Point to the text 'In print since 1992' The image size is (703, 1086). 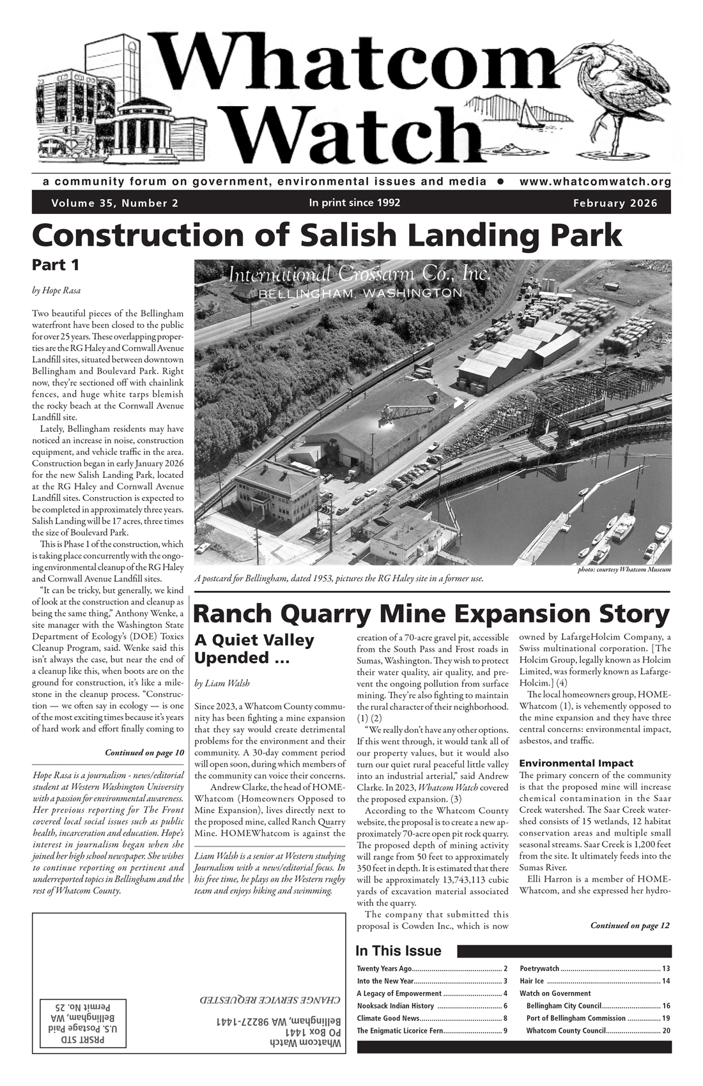354,203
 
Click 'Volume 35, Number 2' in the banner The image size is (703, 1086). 115,204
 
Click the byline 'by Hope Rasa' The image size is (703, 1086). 56,291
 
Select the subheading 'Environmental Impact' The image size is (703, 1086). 576,763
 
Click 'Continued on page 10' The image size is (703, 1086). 144,753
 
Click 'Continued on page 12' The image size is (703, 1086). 630,925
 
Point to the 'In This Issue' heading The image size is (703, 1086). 398,951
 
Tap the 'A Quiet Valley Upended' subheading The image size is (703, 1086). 254,648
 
